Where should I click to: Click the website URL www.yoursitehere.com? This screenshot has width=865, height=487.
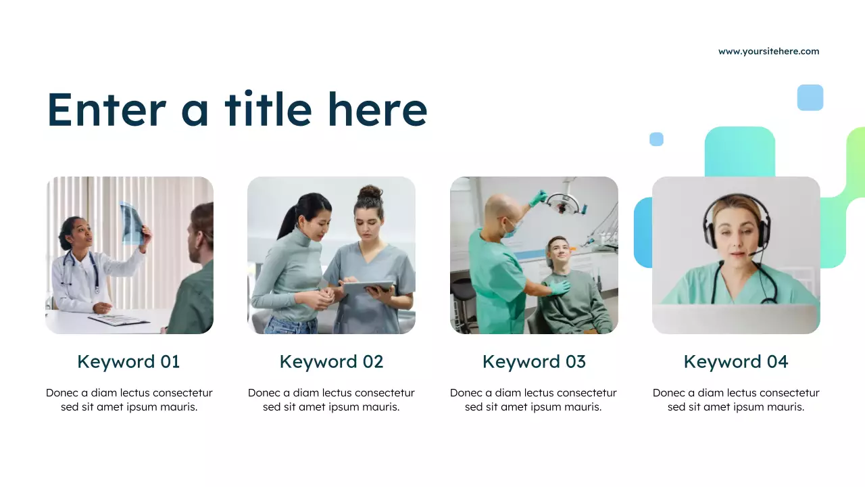(x=768, y=51)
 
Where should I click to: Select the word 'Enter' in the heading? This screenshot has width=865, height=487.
(x=106, y=110)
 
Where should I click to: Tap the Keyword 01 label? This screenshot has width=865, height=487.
(x=128, y=362)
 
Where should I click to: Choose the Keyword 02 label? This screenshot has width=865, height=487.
(x=331, y=362)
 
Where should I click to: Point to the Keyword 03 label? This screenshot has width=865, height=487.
(x=534, y=362)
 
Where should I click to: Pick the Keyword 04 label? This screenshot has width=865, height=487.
(x=736, y=362)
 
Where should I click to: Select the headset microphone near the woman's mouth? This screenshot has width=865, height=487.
(x=751, y=254)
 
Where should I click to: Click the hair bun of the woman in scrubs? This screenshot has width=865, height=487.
(x=370, y=193)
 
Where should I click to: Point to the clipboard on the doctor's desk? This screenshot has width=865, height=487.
(x=119, y=320)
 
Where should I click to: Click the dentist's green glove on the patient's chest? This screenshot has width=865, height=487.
(x=559, y=287)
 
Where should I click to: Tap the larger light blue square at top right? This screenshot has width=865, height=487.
(x=810, y=97)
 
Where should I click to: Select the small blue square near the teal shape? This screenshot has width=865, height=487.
(x=656, y=139)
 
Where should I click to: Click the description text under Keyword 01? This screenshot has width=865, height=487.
(x=129, y=400)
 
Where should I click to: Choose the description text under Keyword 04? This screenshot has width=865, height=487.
(x=736, y=400)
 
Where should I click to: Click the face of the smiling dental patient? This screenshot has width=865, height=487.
(x=558, y=252)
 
